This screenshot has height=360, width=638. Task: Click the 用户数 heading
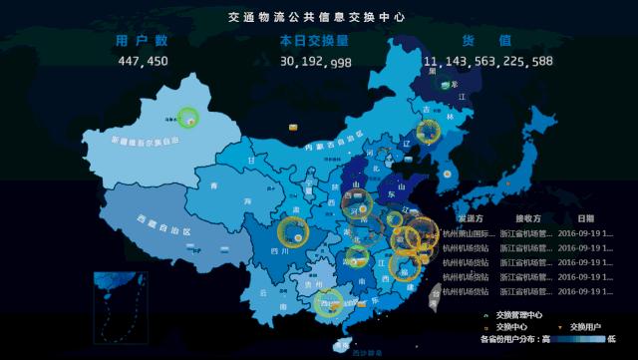coord(143,41)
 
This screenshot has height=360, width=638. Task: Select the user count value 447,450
coord(143,61)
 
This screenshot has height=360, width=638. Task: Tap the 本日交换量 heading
coord(314,41)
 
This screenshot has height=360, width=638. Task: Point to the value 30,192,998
coord(315,62)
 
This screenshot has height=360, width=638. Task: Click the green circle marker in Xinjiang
coord(187,117)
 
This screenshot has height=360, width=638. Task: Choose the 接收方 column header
coord(528,217)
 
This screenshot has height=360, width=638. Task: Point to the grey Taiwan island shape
coord(436,292)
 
